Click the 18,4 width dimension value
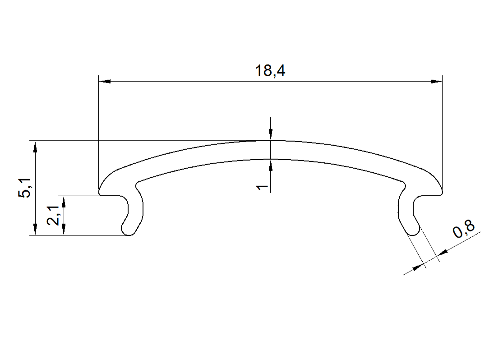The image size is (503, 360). [x=270, y=71]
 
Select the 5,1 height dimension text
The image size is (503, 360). [x=25, y=188]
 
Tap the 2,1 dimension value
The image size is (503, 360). [x=53, y=215]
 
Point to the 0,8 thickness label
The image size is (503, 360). [x=464, y=230]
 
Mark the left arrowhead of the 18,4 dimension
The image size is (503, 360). [x=105, y=82]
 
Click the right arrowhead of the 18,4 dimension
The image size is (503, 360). [x=436, y=82]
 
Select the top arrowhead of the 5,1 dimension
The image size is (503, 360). [x=35, y=147]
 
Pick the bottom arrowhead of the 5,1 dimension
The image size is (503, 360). [x=35, y=230]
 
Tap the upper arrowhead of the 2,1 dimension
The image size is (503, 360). [x=64, y=202]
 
